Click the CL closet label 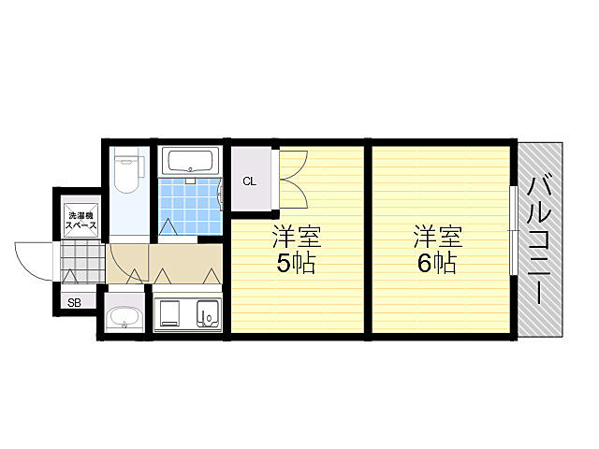(250, 181)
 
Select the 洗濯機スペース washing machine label (79, 222)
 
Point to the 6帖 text (436, 263)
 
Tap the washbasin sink (124, 319)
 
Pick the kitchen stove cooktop (170, 314)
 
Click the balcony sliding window (513, 230)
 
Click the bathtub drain (190, 169)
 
